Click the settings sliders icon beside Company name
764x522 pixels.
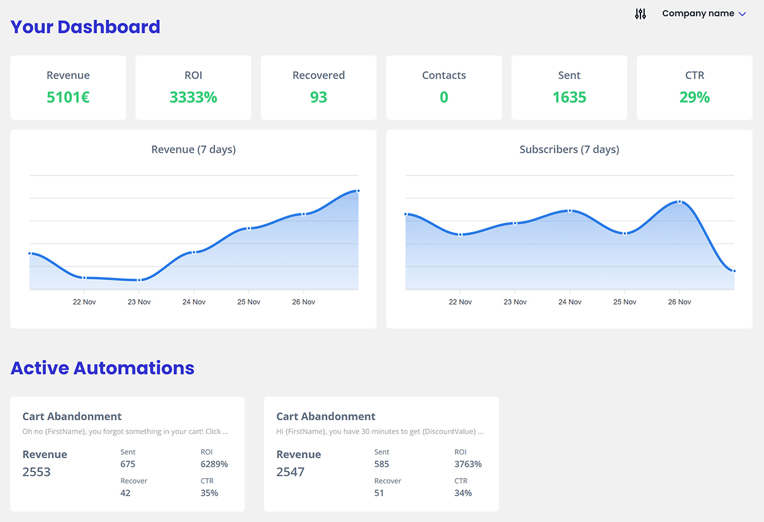(x=640, y=14)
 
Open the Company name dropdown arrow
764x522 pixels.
(x=742, y=14)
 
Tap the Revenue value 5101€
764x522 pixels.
(x=68, y=97)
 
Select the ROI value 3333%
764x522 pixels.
(x=193, y=97)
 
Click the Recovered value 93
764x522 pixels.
(x=319, y=97)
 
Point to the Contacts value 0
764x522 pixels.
(x=444, y=97)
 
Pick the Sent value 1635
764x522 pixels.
(x=569, y=97)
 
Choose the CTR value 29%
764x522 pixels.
(x=695, y=97)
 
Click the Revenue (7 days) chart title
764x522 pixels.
(x=193, y=149)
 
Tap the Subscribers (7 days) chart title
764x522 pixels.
(x=569, y=149)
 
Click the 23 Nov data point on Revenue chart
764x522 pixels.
(x=139, y=280)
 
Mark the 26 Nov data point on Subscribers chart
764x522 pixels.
(x=680, y=202)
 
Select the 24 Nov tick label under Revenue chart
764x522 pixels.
(x=194, y=302)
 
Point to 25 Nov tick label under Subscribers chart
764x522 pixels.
(x=625, y=302)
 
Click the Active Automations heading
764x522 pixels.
(x=102, y=368)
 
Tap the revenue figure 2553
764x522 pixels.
(x=37, y=472)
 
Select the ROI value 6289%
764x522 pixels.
(x=214, y=464)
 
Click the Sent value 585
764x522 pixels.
(x=381, y=464)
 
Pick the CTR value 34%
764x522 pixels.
(x=463, y=493)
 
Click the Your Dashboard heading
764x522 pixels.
(x=86, y=27)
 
